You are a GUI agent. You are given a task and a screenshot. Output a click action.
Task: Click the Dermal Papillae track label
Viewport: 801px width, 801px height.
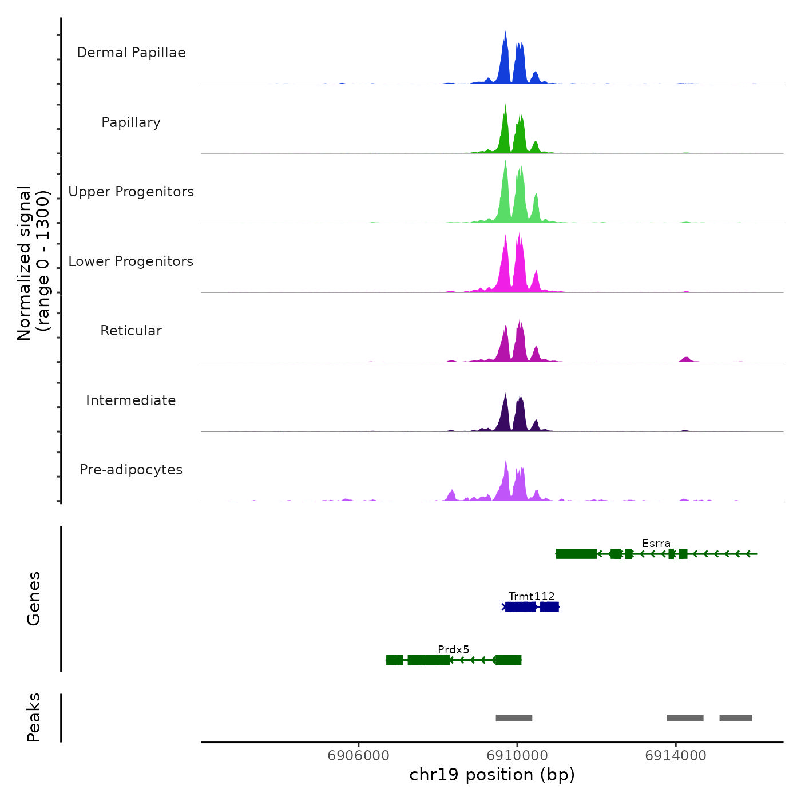coord(131,53)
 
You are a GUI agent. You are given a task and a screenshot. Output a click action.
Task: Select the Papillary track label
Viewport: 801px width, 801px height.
coord(131,122)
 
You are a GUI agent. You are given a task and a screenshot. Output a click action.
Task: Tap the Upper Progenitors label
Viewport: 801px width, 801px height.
coord(131,192)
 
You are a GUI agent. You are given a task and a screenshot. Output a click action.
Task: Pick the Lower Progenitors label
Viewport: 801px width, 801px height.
coord(131,261)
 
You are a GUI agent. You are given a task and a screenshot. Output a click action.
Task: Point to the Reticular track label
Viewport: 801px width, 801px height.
coord(131,331)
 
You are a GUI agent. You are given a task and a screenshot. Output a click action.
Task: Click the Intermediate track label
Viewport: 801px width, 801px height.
coord(131,400)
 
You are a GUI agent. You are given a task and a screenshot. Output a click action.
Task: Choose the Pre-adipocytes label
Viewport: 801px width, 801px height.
coord(131,470)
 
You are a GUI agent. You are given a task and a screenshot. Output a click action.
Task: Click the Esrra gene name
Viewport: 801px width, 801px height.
coord(656,543)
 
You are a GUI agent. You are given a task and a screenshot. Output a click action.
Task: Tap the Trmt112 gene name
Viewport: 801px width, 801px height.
coord(532,596)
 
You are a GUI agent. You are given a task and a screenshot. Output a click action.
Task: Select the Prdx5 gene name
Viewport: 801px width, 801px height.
coord(453,649)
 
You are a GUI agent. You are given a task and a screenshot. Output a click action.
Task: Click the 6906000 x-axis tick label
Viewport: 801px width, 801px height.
coord(358,756)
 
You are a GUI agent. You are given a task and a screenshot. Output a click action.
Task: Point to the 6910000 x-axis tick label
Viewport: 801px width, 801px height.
coord(517,756)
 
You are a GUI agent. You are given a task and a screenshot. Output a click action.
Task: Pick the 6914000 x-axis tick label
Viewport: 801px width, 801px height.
coord(675,756)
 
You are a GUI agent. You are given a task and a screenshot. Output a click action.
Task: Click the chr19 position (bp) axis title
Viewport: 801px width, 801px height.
coord(492,775)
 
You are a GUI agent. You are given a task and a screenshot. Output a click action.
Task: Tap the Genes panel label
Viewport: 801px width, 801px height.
coord(33,598)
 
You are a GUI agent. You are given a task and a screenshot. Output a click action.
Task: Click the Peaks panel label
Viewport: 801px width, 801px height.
coord(33,717)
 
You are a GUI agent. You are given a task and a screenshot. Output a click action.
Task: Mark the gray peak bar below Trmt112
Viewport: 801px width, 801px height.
coord(514,718)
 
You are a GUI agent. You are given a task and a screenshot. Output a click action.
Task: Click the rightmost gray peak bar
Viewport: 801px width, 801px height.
coord(735,718)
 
